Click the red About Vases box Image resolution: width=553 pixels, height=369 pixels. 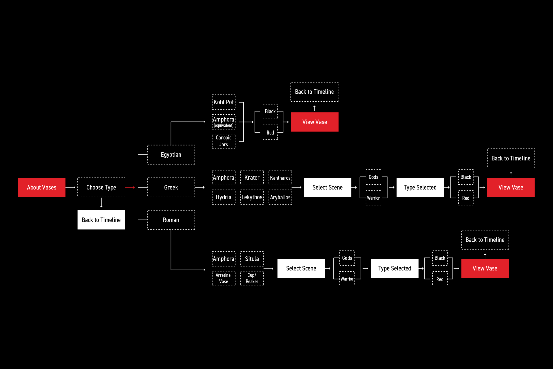(42, 187)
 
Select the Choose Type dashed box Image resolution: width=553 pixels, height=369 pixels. (101, 187)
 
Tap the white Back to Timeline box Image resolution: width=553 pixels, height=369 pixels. (101, 220)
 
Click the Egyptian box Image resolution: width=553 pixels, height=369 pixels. (171, 155)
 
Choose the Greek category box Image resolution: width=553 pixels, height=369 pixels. (171, 187)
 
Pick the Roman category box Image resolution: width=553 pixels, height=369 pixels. (171, 220)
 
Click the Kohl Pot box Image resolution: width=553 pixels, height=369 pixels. (224, 102)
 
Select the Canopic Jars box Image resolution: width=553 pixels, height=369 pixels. (224, 141)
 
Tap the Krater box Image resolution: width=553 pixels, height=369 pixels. (252, 177)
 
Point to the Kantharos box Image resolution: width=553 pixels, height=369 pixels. (280, 177)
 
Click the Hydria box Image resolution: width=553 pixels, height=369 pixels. (224, 197)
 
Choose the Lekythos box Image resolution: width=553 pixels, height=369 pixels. (252, 197)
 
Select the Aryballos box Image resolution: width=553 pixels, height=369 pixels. (280, 197)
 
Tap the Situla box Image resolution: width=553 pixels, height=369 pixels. (252, 259)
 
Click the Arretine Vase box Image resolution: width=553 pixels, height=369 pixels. (224, 278)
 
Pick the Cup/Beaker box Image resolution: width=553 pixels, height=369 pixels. (252, 278)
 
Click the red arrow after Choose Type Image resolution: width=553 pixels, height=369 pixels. (130, 187)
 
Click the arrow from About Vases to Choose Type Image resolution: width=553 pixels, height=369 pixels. (71, 187)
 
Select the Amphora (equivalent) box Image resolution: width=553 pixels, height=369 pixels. (224, 122)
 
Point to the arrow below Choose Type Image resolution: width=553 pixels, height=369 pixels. (101, 203)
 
